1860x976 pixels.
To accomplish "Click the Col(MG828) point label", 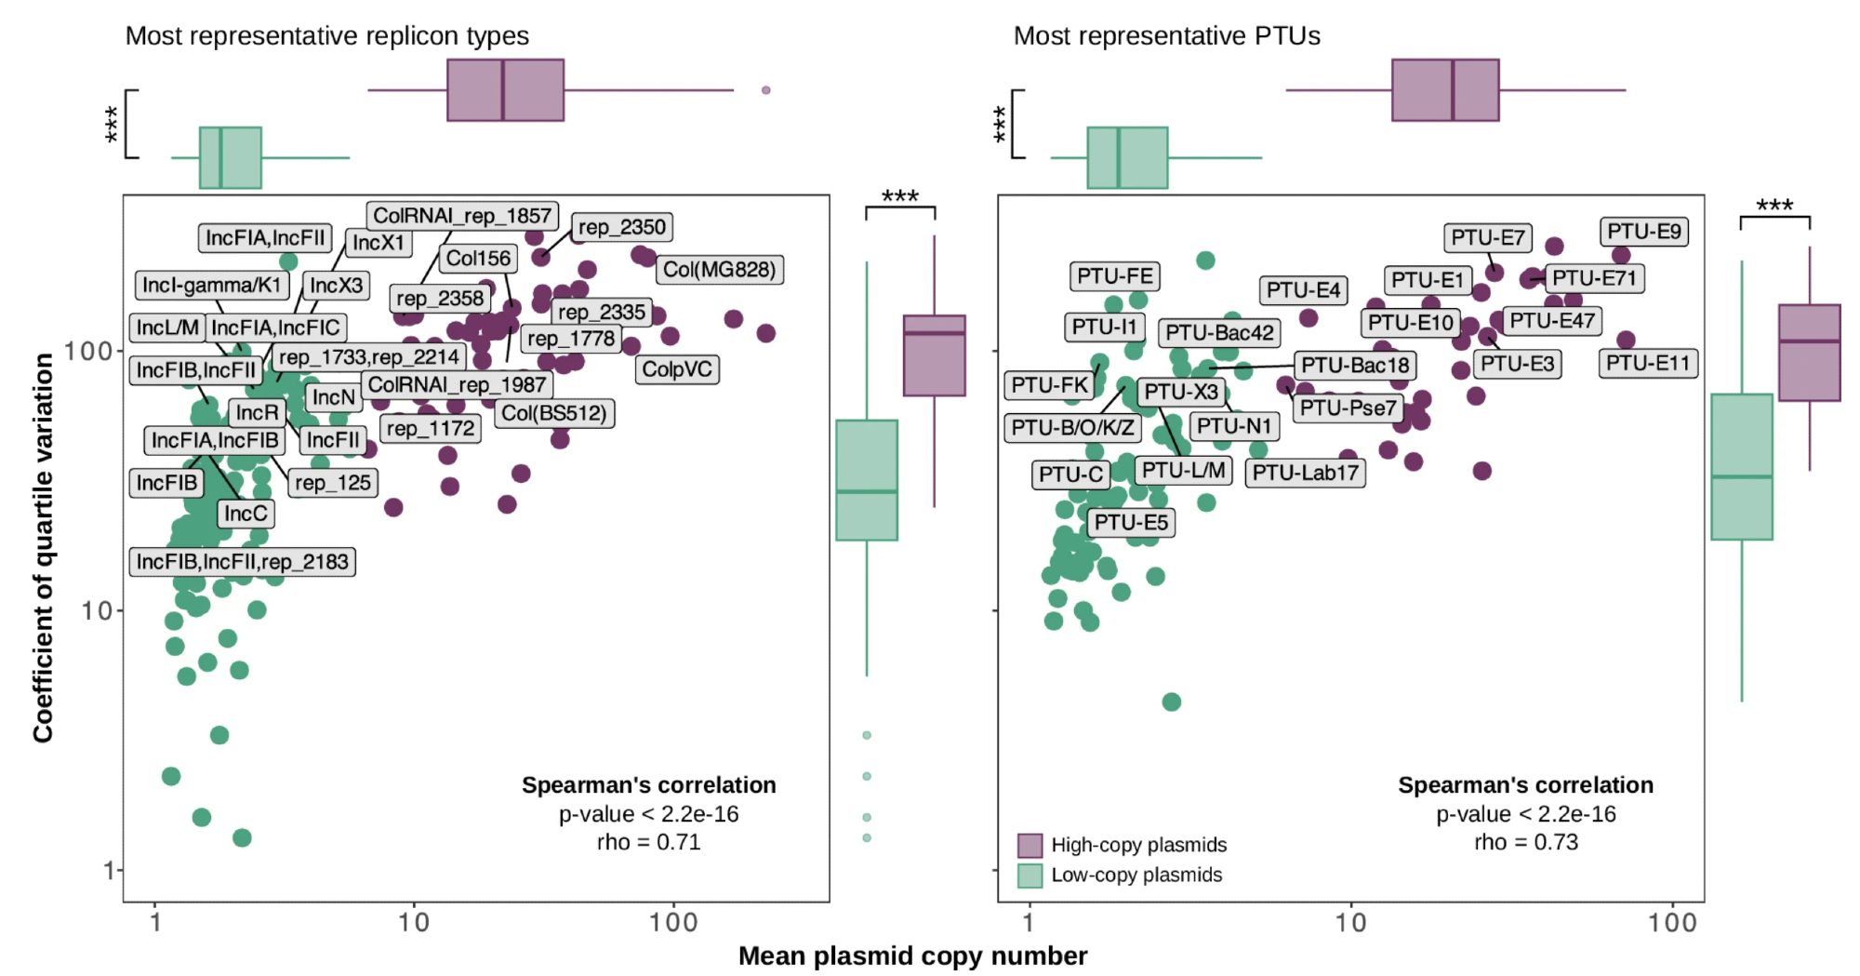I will point(719,270).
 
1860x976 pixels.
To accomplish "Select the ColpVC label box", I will point(677,369).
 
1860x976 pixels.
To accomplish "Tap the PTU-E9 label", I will point(1643,232).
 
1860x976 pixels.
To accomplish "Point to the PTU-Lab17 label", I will point(1305,473).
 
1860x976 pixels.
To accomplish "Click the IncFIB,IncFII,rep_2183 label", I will point(242,562).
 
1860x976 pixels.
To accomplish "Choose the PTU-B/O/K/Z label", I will point(1072,428).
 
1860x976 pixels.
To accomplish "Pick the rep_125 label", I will point(332,483).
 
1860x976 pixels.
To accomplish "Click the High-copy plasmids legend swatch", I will point(1030,845).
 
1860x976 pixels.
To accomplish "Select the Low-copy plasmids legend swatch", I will point(1030,876).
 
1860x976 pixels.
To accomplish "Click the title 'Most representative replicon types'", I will point(326,36).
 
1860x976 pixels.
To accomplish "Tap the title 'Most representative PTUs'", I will point(1166,36).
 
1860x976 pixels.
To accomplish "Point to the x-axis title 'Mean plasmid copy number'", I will point(912,956).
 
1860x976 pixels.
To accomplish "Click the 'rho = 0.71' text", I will point(648,842).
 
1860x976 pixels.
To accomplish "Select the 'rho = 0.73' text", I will point(1525,842).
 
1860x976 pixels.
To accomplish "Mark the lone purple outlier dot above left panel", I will point(766,90).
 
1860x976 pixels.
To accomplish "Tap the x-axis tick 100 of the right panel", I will point(1672,923).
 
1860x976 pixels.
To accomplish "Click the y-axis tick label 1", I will point(109,871).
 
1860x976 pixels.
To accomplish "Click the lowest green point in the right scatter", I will point(1172,702).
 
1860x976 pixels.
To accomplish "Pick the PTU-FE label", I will point(1114,276).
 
